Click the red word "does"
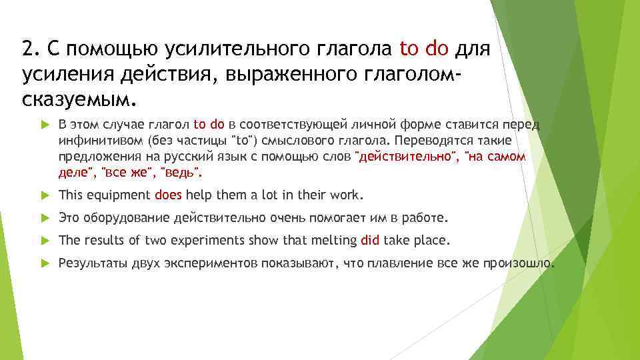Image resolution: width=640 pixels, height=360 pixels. [x=169, y=195]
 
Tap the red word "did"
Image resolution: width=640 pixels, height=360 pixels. [x=369, y=240]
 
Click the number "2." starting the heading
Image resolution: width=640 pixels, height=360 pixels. [x=30, y=49]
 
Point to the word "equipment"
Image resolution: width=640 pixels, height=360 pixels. [x=117, y=195]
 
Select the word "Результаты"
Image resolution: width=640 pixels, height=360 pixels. [x=89, y=263]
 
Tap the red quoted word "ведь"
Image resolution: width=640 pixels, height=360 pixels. [x=179, y=173]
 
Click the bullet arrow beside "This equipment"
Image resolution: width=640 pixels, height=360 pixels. [x=44, y=195]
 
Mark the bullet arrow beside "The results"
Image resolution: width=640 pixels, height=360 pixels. [x=44, y=240]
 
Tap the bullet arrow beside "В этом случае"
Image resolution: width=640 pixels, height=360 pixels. [x=44, y=124]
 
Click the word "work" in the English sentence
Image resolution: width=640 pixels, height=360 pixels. [x=347, y=195]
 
